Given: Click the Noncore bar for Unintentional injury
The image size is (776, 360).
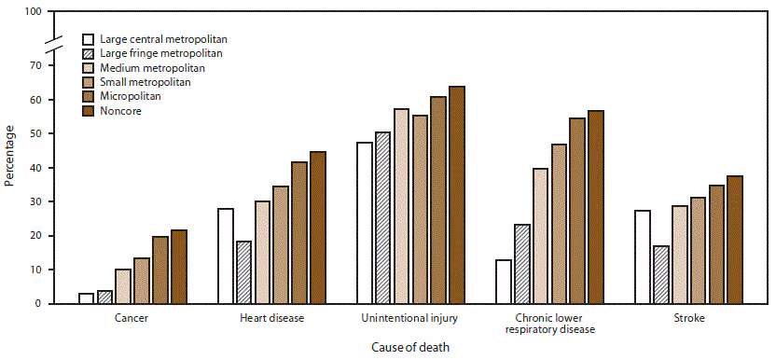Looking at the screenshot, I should pyautogui.click(x=456, y=195).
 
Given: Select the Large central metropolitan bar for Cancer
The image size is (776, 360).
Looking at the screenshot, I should pyautogui.click(x=86, y=298).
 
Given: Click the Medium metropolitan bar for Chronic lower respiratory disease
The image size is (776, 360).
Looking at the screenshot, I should pyautogui.click(x=540, y=236).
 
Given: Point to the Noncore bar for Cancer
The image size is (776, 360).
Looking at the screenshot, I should pyautogui.click(x=178, y=267).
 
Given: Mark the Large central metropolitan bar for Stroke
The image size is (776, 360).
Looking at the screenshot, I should pyautogui.click(x=642, y=257).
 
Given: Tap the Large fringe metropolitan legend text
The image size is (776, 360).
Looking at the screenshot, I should pyautogui.click(x=161, y=54).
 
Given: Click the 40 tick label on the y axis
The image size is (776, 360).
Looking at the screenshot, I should pyautogui.click(x=35, y=168).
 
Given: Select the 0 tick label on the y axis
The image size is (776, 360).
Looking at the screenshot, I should pyautogui.click(x=37, y=304).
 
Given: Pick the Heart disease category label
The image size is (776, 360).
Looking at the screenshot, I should pyautogui.click(x=271, y=319).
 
